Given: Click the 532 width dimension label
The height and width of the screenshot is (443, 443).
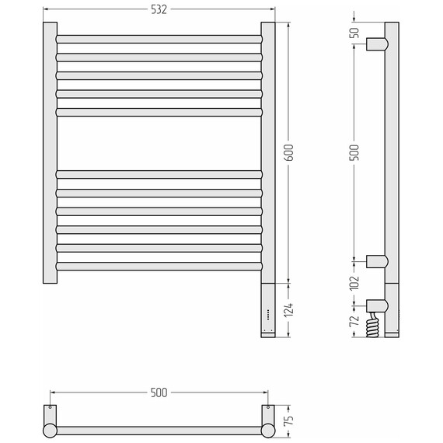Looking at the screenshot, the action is point(159,9).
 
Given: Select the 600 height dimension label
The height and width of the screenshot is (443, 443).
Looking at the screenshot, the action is point(289,152).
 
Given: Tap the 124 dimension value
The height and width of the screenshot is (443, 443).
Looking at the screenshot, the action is point(289,310).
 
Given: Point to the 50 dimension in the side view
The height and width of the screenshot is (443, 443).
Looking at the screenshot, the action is point(354,33).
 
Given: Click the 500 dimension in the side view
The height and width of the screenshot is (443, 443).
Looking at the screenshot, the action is point(354,152).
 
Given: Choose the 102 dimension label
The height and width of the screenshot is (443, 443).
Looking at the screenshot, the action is point(354,283).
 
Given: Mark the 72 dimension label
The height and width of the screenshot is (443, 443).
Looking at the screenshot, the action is point(354,321).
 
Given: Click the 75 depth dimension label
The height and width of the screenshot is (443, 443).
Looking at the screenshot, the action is point(289,420).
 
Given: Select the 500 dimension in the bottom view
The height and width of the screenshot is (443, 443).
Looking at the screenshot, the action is point(159,392).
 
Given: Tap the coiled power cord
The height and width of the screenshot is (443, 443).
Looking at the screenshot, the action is point(372,325).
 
